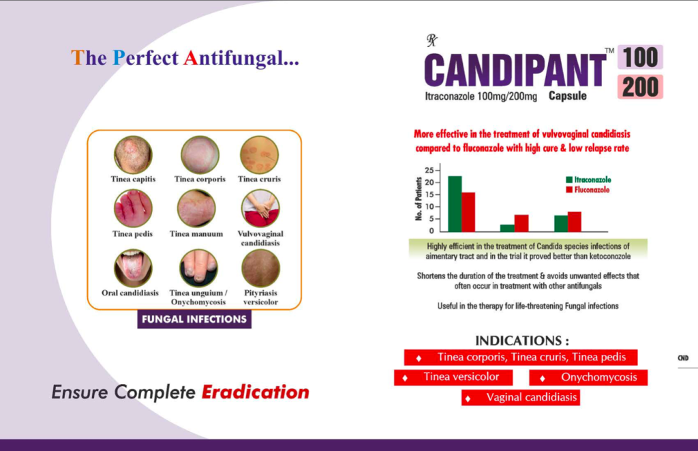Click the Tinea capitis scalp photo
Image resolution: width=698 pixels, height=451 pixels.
(133, 155)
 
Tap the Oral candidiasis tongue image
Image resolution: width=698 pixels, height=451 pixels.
(133, 268)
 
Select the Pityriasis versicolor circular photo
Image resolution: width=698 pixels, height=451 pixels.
(260, 268)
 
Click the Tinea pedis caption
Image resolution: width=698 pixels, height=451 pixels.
(133, 234)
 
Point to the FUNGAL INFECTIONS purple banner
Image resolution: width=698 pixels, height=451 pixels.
(194, 319)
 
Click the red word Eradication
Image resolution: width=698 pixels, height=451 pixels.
(256, 392)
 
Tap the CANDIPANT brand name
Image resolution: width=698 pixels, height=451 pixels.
(515, 70)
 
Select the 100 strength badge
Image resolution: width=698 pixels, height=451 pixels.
(640, 57)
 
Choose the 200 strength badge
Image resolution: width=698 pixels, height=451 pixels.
(640, 87)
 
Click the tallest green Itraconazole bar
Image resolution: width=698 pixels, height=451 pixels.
(455, 203)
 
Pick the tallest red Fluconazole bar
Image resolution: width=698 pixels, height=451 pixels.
(468, 212)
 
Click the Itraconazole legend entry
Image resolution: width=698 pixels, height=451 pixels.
(588, 179)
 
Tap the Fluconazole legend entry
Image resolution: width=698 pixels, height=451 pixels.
(588, 190)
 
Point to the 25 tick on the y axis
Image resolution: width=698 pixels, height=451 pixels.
(429, 171)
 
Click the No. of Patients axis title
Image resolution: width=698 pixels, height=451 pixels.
(419, 199)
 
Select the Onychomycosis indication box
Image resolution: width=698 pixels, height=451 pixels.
(588, 377)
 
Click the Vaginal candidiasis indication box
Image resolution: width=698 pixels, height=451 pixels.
(521, 398)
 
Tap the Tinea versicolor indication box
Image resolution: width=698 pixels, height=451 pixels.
(453, 377)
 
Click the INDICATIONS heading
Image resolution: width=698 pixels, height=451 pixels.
(521, 341)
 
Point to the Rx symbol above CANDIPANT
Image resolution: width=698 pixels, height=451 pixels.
(431, 40)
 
